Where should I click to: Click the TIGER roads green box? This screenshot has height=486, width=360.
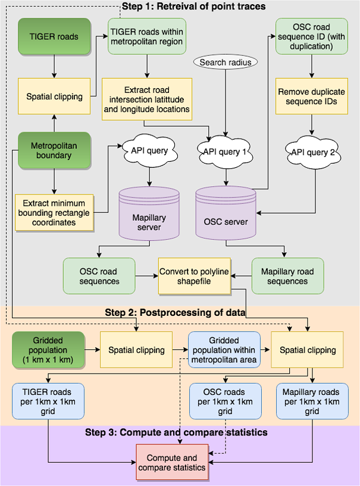pos(54,36)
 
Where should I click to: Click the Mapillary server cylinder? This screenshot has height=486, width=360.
pos(149,212)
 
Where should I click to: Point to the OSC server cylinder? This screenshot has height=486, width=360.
pos(226,212)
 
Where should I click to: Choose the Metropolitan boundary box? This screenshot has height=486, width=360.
pos(54,150)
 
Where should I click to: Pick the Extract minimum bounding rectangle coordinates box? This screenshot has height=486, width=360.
pos(54,211)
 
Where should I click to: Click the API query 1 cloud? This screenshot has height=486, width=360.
pos(226,152)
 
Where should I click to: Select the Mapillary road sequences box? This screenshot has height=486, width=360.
pos(287,276)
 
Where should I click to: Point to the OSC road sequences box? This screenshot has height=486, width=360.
pos(99,276)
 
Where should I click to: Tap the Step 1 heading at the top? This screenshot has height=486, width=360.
pos(193,7)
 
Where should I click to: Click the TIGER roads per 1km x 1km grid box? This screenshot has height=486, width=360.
pos(48,402)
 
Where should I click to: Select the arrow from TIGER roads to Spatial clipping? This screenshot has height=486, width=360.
pos(54,65)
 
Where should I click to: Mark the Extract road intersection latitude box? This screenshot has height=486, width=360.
pos(147,96)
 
